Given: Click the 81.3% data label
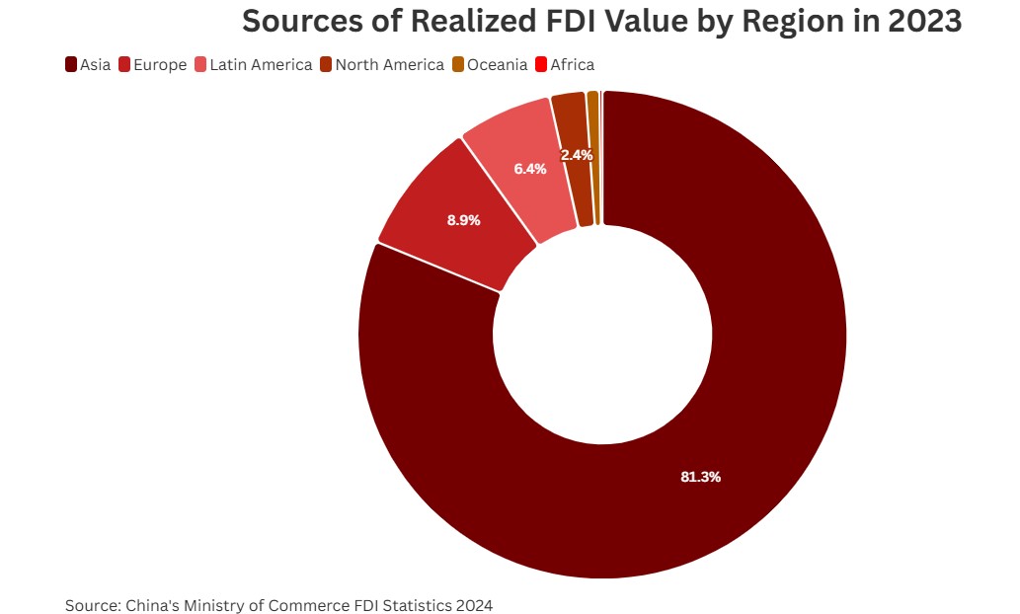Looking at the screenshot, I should coord(701,477).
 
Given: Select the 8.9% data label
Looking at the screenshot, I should coord(463,220).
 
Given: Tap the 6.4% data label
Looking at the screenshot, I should coord(530,169).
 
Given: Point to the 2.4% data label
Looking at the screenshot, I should coord(577,155).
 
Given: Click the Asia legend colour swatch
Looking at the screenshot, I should coord(71,65).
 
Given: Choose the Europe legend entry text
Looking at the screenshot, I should coord(161,65).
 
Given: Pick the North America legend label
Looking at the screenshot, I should coord(389,65).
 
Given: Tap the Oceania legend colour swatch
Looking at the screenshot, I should coord(458,65).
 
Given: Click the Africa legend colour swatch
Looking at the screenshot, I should coord(540,65).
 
